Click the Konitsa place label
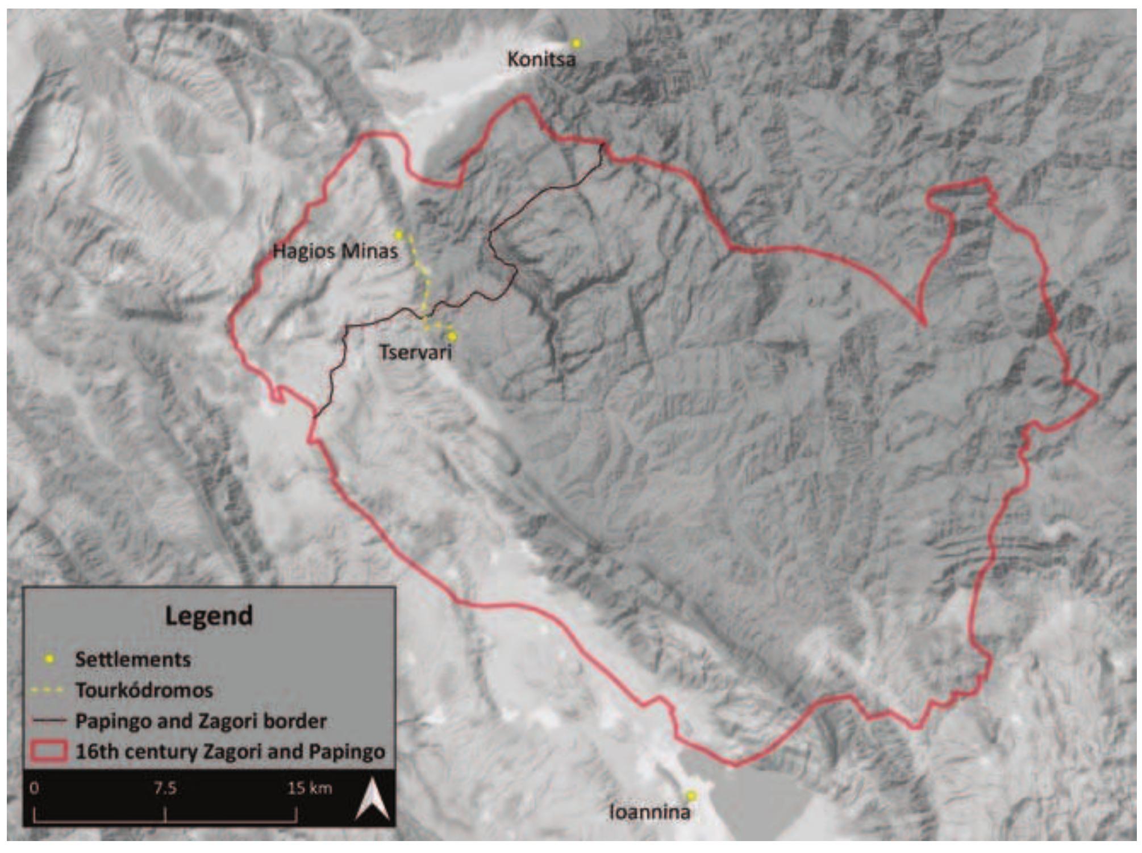tap(541, 59)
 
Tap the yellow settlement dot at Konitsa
tap(576, 43)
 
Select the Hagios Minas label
tap(335, 250)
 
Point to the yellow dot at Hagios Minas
tap(399, 235)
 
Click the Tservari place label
tap(415, 353)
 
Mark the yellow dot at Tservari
tap(452, 336)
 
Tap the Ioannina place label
tap(649, 812)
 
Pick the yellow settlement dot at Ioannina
tap(690, 796)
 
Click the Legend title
tap(209, 616)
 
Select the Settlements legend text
tap(132, 659)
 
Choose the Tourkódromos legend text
tap(144, 690)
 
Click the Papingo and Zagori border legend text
tap(201, 721)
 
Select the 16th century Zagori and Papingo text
tap(230, 751)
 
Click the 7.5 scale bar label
tap(165, 788)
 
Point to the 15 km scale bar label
tap(309, 788)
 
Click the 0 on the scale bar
tap(35, 788)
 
